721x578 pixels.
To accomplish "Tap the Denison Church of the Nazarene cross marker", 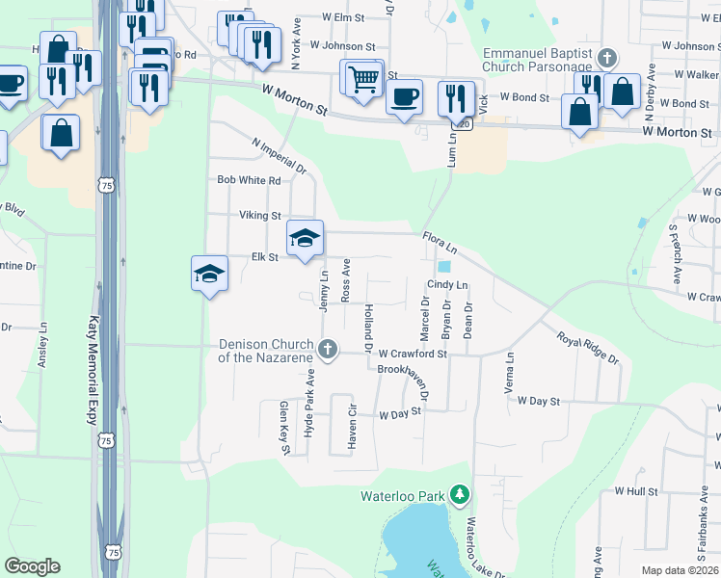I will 328,349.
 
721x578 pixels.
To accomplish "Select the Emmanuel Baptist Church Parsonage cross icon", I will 605,57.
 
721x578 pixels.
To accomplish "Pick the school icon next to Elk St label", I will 305,237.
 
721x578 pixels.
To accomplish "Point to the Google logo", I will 32,566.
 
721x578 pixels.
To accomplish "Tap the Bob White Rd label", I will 249,180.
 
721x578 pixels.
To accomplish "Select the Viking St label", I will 260,216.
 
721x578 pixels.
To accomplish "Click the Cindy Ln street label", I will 447,285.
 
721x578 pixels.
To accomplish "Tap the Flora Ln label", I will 440,242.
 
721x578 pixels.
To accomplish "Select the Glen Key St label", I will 284,423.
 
